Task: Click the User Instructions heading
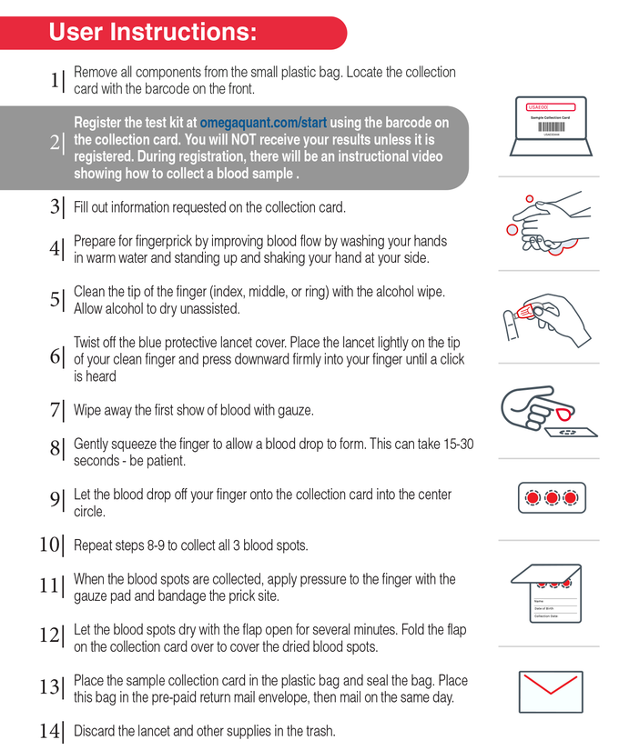pyautogui.click(x=152, y=33)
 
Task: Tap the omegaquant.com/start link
pyautogui.click(x=264, y=123)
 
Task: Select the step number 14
pyautogui.click(x=51, y=730)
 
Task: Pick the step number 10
pyautogui.click(x=51, y=545)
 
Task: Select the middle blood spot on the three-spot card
pyautogui.click(x=552, y=497)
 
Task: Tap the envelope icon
pyautogui.click(x=551, y=692)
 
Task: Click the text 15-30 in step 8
pyautogui.click(x=455, y=445)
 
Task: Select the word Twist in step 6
pyautogui.click(x=88, y=342)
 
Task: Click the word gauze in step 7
pyautogui.click(x=294, y=410)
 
